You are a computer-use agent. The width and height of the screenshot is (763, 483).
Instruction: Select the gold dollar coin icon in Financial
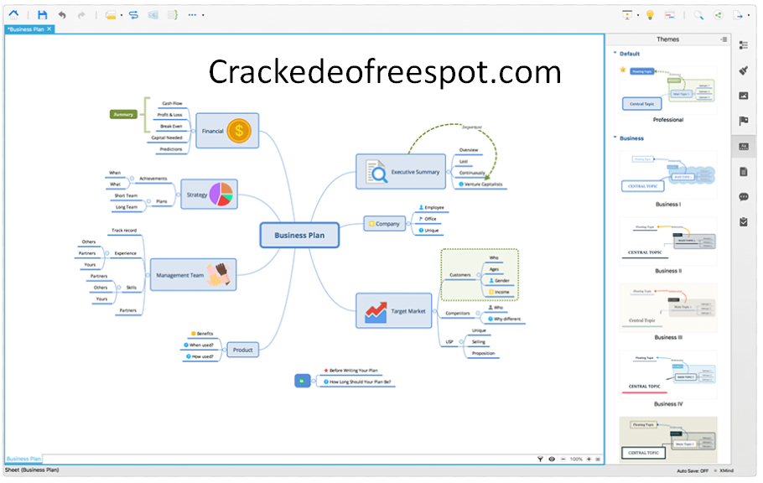coord(240,130)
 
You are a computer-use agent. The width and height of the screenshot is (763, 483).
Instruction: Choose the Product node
coord(242,350)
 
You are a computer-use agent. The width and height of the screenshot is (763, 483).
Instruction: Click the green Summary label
coord(123,114)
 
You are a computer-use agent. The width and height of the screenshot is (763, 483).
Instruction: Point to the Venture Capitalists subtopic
coord(482,184)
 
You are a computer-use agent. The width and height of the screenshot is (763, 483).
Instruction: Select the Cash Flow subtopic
coord(172,103)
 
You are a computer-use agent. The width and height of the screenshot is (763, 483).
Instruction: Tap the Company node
coord(386,224)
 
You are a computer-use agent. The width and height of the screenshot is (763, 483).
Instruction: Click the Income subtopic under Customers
coord(501,292)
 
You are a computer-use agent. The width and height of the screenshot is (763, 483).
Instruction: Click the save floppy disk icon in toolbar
coord(43,15)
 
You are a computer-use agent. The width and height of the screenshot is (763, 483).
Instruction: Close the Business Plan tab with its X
coord(49,29)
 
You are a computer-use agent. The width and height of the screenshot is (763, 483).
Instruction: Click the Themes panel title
coord(667,39)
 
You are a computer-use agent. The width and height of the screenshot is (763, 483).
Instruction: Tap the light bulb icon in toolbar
coord(650,15)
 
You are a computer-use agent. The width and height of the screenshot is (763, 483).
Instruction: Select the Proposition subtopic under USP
coord(483,353)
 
